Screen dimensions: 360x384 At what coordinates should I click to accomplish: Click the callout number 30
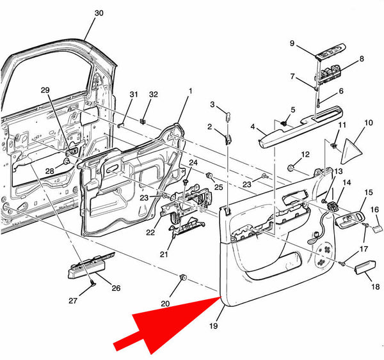(98, 13)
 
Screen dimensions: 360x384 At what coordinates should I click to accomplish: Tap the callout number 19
(213, 327)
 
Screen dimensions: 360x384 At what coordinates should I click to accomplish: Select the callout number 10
(368, 122)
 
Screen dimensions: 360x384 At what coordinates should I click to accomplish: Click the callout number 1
(190, 91)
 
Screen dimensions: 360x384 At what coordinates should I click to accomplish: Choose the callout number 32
(153, 94)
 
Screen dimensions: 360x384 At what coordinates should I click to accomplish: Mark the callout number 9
(292, 43)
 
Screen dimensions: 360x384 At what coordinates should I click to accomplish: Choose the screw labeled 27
(93, 283)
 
